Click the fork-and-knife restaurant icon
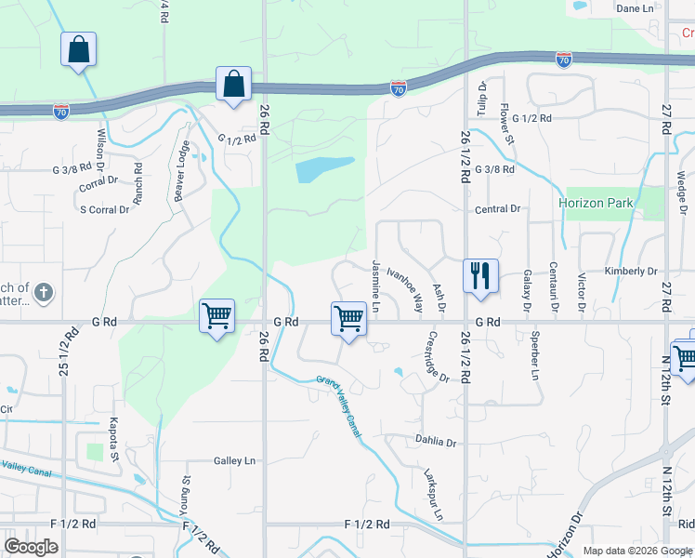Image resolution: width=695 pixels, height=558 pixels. [480, 276]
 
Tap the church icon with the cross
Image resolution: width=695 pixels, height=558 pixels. [42, 295]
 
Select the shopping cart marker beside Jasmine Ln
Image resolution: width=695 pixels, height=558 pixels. [348, 318]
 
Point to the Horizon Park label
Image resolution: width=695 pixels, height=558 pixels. [596, 203]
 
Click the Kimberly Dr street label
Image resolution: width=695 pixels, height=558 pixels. [630, 271]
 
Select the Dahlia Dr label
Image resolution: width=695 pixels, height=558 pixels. [438, 443]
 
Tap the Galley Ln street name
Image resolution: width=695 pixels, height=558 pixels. [234, 460]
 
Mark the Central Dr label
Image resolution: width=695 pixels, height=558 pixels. [497, 209]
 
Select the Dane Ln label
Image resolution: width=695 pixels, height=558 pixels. [636, 8]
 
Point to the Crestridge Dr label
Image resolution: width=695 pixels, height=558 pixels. [439, 356]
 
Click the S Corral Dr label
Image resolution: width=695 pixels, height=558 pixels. [104, 210]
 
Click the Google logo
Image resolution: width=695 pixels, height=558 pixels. [32, 546]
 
